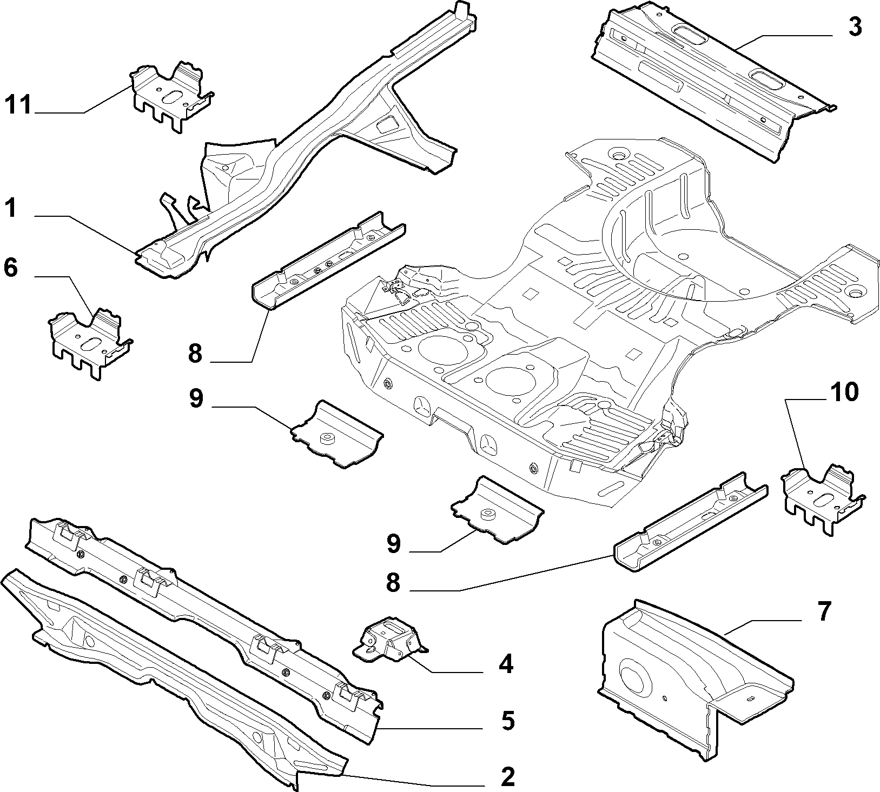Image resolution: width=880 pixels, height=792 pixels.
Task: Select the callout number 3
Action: [x=855, y=26]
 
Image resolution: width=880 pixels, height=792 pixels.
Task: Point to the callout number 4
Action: [x=506, y=664]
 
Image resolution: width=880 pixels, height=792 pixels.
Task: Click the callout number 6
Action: [x=11, y=268]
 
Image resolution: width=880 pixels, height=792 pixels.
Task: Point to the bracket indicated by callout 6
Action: [x=90, y=342]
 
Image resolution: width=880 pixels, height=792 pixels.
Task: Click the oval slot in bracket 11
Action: [x=171, y=97]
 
